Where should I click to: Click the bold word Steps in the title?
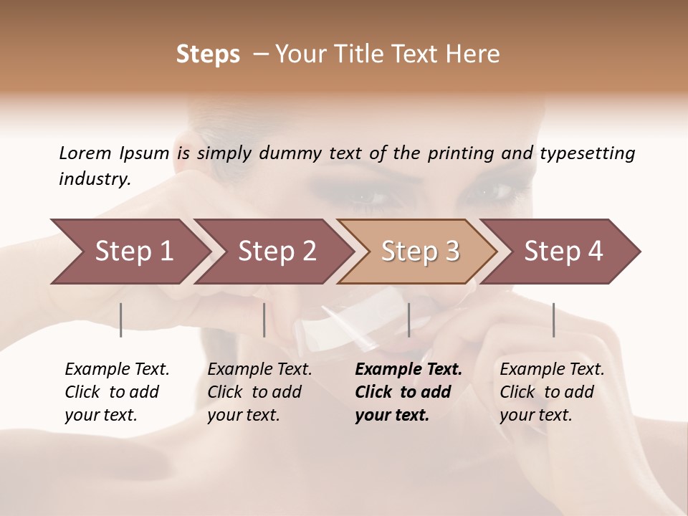coord(208,54)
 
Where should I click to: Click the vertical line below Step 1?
coord(121,320)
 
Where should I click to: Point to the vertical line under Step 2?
coord(264,320)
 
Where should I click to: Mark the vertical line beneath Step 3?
coord(408,320)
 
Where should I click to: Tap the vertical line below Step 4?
coord(553,320)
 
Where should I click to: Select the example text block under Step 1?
coord(117,392)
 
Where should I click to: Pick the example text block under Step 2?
coord(259,392)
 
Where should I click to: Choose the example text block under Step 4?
coord(552,392)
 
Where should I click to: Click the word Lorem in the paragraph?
coord(85,153)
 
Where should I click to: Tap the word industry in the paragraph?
coord(95,179)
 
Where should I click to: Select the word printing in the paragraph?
coord(459,153)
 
